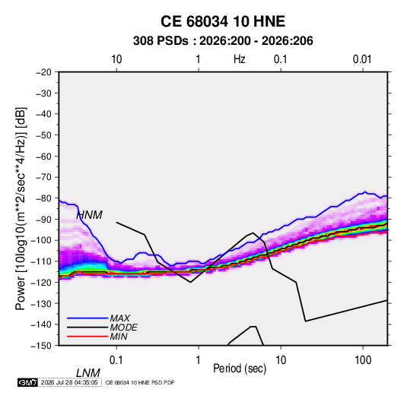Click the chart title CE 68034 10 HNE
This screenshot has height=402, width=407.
[223, 21]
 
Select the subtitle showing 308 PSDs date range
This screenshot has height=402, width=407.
[223, 41]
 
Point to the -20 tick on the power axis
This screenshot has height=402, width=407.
[43, 72]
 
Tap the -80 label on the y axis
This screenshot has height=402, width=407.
[43, 198]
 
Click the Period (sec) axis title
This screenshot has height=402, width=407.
[240, 369]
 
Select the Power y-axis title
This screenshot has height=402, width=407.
[21, 209]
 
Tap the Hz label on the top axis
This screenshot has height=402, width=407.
[240, 59]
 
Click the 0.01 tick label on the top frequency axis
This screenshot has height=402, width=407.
[362, 59]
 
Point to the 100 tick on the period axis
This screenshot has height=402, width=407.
[363, 360]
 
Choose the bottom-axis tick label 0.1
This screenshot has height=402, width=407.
[116, 360]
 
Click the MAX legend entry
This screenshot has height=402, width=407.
[120, 318]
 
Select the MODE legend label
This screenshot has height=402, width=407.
[123, 328]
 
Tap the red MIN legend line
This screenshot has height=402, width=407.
[87, 337]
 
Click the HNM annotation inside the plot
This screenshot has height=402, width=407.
[89, 215]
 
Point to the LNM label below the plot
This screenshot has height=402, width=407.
[88, 373]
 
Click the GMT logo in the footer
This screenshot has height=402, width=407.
[28, 382]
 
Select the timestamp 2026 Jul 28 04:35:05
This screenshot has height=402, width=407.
[69, 382]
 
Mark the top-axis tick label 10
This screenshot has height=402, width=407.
[116, 59]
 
